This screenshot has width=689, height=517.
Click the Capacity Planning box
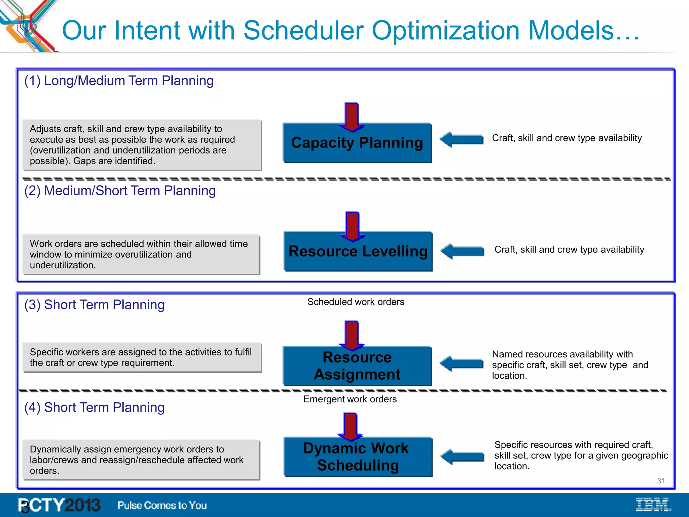pos(357,143)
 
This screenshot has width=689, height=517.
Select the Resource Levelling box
pos(358,252)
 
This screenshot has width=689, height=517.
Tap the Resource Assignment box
pos(357,366)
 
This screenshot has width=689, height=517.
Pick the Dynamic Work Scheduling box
pos(358,457)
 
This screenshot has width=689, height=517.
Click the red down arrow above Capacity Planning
pos(352,116)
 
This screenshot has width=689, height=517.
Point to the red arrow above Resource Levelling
pos(352,226)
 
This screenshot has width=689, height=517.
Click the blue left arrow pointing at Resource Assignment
pos(462,364)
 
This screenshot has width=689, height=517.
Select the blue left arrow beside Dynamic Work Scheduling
pos(462,457)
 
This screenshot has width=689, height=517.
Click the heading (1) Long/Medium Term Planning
pos(119,81)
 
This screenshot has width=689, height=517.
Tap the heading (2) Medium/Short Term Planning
pos(120,191)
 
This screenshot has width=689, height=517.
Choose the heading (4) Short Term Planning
pos(94,408)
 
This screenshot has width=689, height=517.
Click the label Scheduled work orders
pos(356,302)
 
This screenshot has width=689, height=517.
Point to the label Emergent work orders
pos(350,399)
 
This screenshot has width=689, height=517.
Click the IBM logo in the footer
pos(653,505)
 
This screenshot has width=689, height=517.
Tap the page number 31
pos(661,481)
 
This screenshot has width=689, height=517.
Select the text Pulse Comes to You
pos(162,505)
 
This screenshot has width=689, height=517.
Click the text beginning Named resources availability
pos(570,365)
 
